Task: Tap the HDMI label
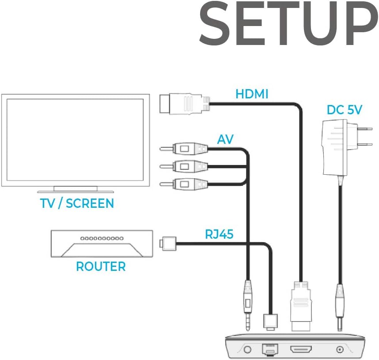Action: pyautogui.click(x=252, y=94)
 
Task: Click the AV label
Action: pyautogui.click(x=226, y=140)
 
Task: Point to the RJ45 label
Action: pyautogui.click(x=219, y=234)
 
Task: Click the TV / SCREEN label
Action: pyautogui.click(x=77, y=203)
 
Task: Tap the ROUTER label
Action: pyautogui.click(x=101, y=266)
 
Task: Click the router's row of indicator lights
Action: pyautogui.click(x=102, y=238)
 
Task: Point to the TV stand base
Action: pyautogui.click(x=76, y=190)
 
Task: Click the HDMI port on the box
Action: pyautogui.click(x=301, y=349)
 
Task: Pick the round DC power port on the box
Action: pyautogui.click(x=340, y=349)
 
